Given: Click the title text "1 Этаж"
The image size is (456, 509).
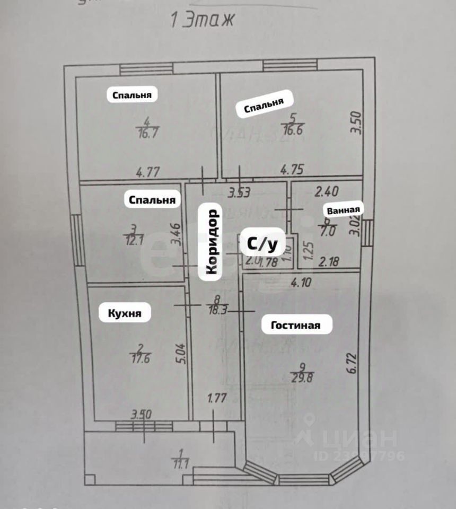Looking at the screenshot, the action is tap(202, 21).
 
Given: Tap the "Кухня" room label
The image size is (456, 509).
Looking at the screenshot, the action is tap(125, 313).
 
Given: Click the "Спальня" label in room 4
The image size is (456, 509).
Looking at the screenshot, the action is tap(132, 95).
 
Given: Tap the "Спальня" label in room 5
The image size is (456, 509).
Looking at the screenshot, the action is tap(264, 106).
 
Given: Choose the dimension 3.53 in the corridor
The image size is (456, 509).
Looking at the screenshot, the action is tap(239, 193).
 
